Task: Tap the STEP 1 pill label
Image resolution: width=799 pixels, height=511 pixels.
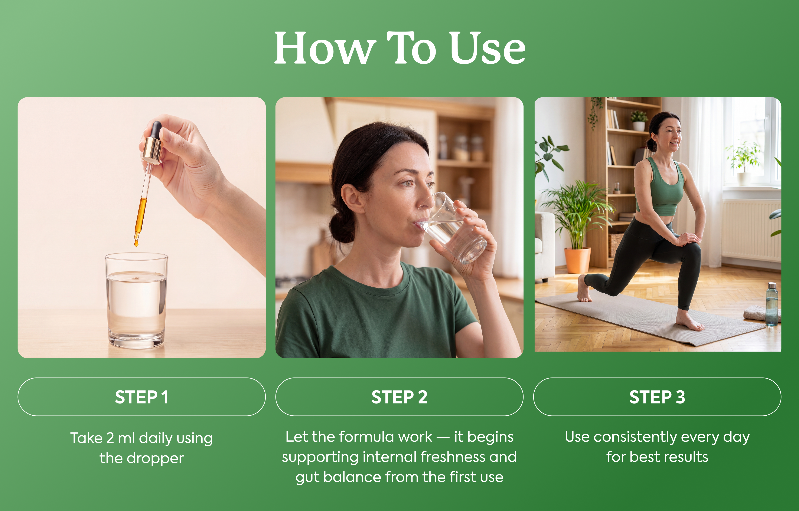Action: (141, 397)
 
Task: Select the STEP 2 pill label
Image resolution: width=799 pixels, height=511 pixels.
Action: (399, 397)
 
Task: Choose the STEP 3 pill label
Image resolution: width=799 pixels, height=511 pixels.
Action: (657, 397)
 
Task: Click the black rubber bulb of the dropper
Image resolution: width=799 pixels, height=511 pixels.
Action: (155, 129)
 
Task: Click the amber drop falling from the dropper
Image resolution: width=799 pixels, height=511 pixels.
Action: (136, 243)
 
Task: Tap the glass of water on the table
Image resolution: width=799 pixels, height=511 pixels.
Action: (136, 300)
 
